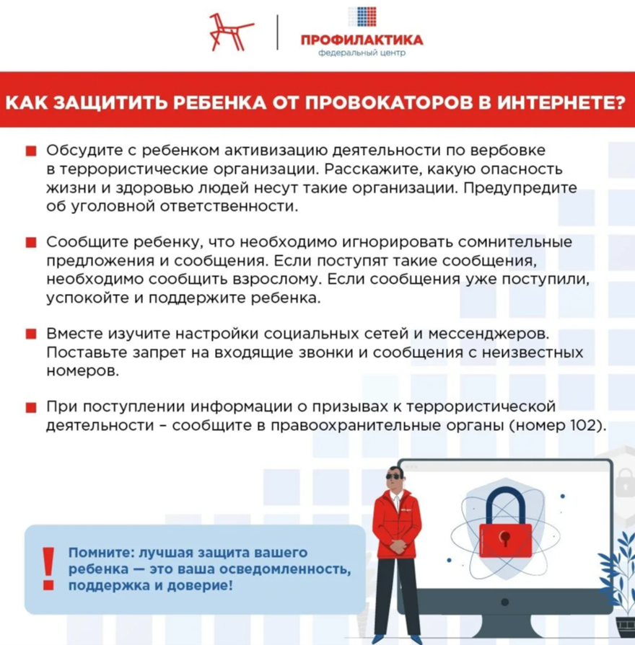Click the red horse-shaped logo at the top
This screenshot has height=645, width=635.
pos(231,32)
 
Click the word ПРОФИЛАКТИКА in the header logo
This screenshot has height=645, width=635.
pos(362,40)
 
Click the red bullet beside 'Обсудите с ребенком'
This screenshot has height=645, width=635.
pos(31,151)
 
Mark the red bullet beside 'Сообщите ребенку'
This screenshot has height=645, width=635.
pos(31,242)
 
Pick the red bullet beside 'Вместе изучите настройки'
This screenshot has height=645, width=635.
pos(31,334)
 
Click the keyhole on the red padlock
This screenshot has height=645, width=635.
pos(505,537)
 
